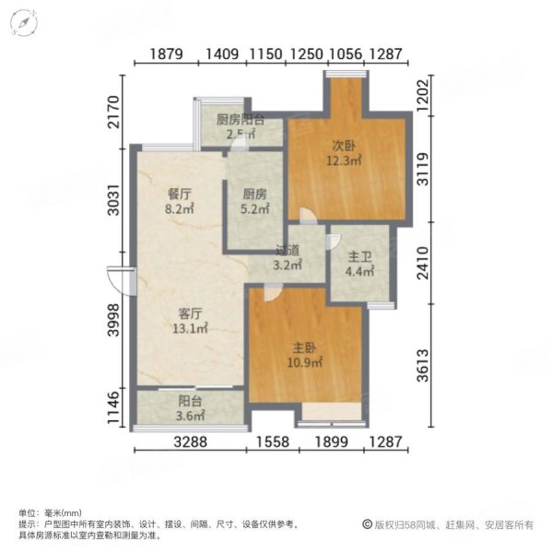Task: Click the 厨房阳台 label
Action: (241, 120)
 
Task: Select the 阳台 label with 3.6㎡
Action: (190, 402)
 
